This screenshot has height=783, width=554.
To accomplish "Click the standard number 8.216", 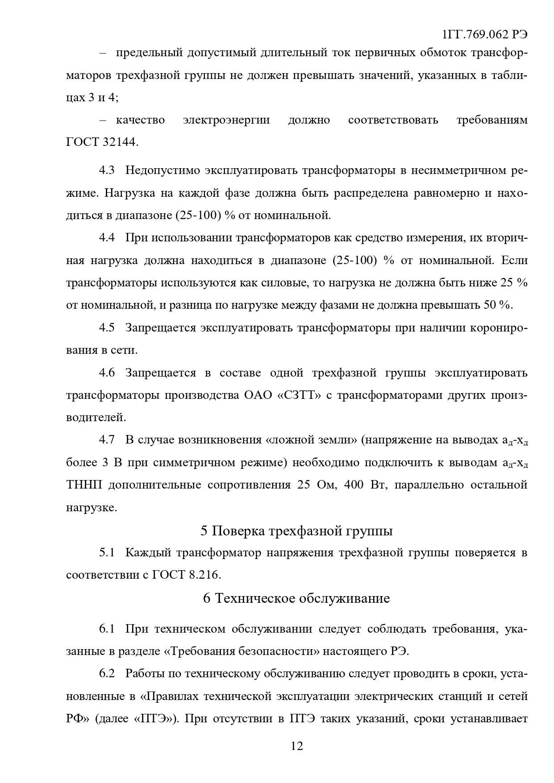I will [204, 575].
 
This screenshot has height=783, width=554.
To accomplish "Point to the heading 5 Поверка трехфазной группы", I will [296, 531].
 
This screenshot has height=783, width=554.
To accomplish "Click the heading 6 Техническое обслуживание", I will [296, 598].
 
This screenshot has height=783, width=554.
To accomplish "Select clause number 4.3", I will [107, 170].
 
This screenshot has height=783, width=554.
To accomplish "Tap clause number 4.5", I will [107, 327].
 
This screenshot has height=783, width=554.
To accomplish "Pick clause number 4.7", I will [107, 440].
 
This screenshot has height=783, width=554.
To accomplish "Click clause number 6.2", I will [107, 673].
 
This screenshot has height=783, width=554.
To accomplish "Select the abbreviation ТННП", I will [84, 485].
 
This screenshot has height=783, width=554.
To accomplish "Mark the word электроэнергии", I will [226, 120].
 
